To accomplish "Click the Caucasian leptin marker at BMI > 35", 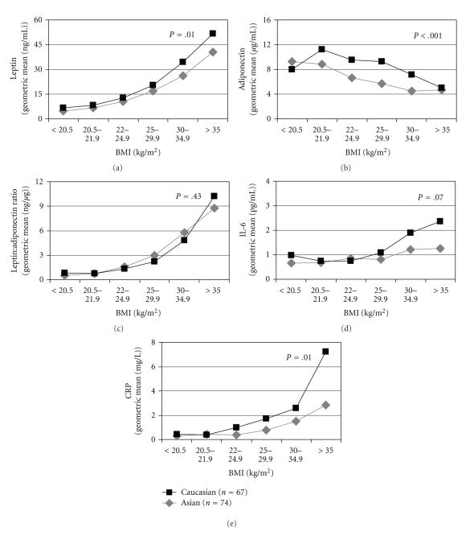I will [212, 33].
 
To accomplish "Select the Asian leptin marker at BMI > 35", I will [212, 52].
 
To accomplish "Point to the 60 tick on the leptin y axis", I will [38, 20].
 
